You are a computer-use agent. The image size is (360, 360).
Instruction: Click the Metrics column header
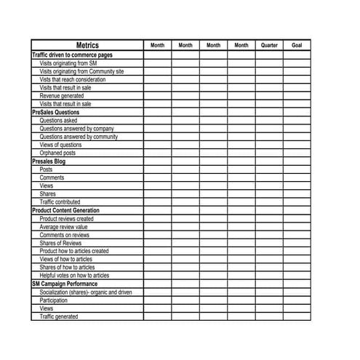tap(87, 45)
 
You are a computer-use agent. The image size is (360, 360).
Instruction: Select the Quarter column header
tap(269, 45)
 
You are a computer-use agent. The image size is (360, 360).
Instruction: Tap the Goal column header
tap(297, 45)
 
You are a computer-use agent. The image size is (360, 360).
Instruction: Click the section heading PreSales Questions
tap(56, 113)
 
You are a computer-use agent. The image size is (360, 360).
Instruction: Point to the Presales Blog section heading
tap(49, 161)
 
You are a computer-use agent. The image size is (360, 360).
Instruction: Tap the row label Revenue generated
tap(62, 96)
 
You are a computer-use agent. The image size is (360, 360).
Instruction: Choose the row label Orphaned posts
tap(57, 153)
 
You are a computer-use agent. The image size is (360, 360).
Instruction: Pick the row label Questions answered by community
tap(79, 137)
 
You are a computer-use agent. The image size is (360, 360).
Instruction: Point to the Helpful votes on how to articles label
tap(74, 276)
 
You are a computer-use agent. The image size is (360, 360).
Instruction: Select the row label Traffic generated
tap(59, 316)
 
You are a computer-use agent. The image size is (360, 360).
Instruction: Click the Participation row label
tap(54, 300)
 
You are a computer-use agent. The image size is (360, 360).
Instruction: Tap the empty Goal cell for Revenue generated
tap(297, 96)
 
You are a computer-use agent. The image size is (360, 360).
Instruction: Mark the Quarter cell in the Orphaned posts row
tap(269, 153)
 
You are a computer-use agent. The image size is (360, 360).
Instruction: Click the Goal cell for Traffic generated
tap(297, 316)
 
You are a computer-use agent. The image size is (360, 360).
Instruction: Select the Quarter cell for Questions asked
tap(269, 121)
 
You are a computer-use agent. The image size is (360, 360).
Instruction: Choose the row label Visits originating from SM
tap(69, 63)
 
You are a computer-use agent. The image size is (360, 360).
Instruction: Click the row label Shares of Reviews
tap(61, 243)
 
